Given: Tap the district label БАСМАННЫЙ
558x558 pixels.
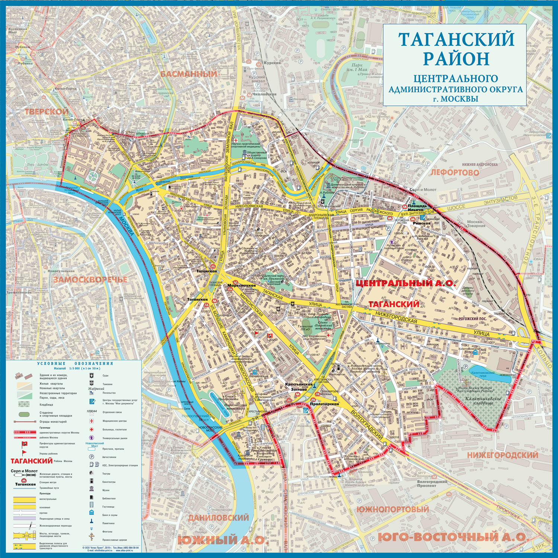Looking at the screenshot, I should (x=189, y=74).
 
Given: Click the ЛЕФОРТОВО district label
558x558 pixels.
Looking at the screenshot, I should (x=455, y=173).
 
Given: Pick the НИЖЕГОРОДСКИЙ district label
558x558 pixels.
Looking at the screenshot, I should (x=503, y=455).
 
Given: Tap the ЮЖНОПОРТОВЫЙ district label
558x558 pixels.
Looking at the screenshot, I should (x=393, y=509).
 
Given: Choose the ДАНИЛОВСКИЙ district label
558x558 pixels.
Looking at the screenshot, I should (x=218, y=517).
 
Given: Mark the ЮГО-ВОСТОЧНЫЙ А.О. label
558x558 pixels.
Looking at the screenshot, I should (x=452, y=537).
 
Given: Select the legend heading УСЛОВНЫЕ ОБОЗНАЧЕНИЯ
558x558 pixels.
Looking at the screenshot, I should (x=75, y=363).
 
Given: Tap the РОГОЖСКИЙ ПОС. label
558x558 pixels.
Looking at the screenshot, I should (x=472, y=319).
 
